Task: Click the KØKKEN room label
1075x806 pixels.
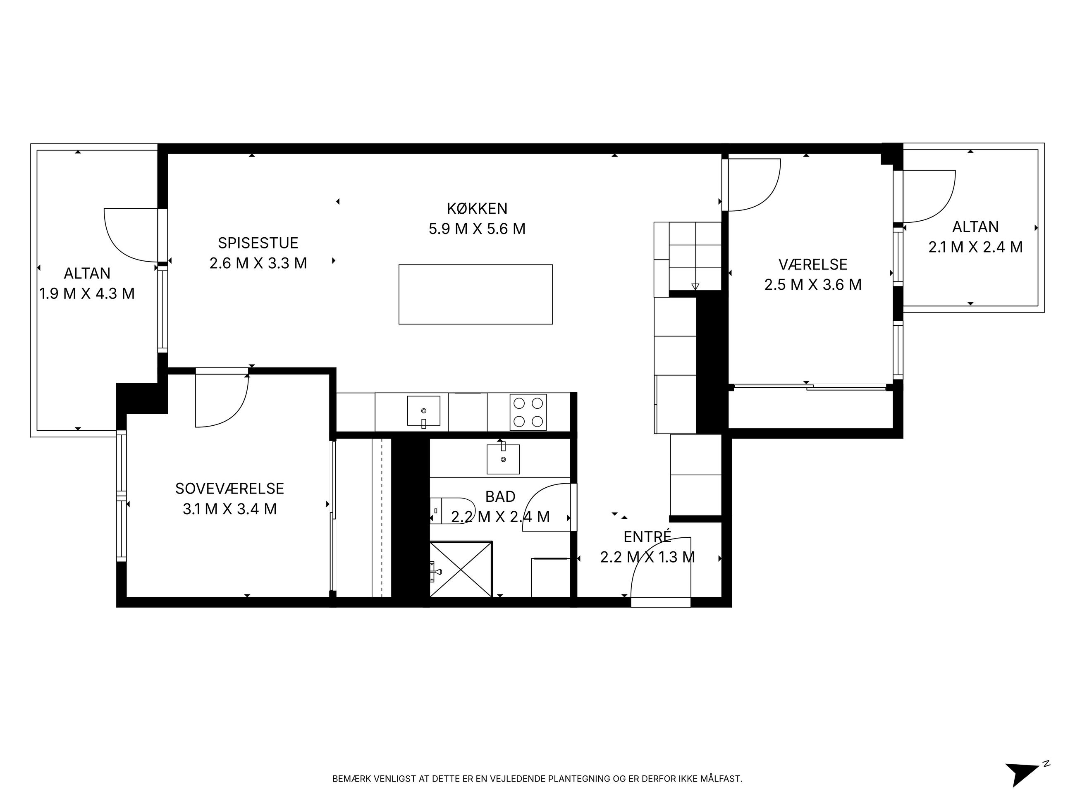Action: tap(477, 208)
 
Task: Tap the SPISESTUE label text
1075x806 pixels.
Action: tap(258, 243)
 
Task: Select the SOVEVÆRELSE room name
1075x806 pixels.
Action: tap(229, 488)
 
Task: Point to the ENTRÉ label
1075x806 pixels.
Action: tap(647, 537)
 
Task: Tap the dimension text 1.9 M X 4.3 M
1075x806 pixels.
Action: tap(87, 293)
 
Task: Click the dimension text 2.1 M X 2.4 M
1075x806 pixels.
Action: tap(975, 247)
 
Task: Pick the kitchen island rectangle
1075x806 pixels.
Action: tap(475, 294)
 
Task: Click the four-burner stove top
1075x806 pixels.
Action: tap(528, 412)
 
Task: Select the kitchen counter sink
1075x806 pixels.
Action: tap(423, 411)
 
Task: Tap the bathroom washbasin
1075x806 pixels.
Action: tap(503, 459)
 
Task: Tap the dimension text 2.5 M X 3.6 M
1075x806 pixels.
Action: tap(812, 284)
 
